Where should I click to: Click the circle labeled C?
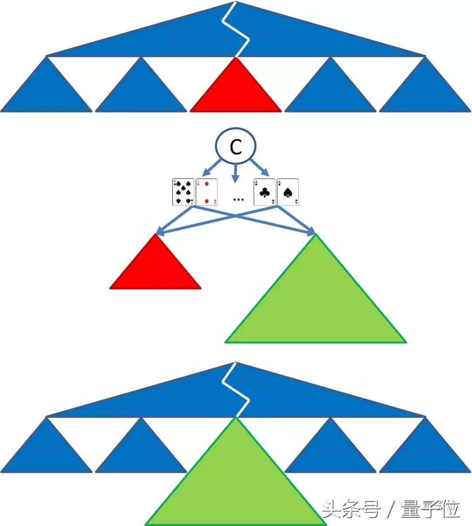click(236, 146)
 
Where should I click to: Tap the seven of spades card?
click(184, 192)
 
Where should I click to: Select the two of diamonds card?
click(207, 192)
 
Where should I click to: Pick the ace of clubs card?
click(264, 192)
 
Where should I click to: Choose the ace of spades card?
click(288, 192)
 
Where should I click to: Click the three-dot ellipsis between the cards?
click(239, 199)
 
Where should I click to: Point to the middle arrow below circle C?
click(236, 173)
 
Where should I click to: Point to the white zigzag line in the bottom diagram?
click(236, 390)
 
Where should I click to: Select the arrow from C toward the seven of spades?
click(212, 168)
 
